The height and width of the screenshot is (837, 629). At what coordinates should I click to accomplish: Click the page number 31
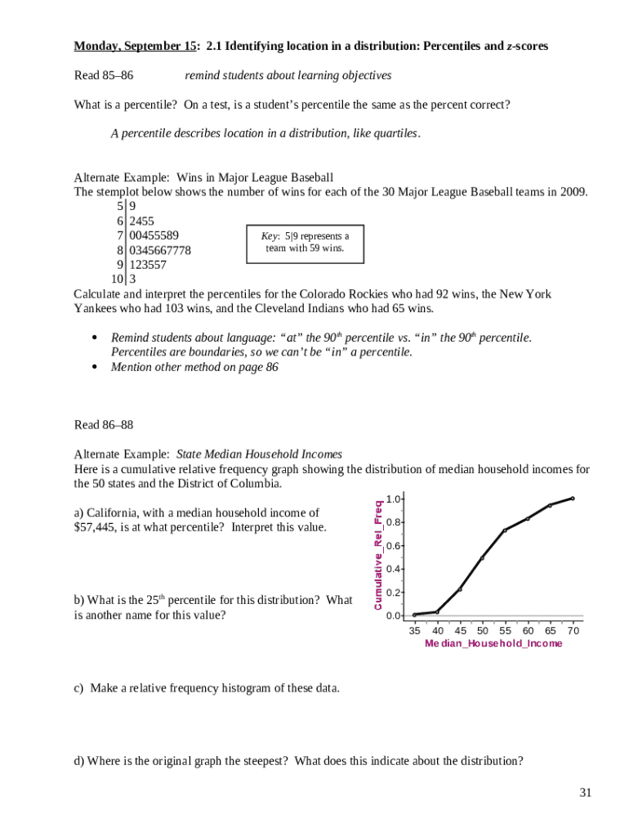pyautogui.click(x=585, y=792)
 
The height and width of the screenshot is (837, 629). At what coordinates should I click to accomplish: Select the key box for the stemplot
pyautogui.click(x=305, y=243)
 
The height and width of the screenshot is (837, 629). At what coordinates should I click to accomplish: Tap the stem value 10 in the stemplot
pyautogui.click(x=118, y=280)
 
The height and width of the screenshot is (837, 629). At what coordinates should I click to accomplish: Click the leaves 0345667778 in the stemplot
pyautogui.click(x=160, y=250)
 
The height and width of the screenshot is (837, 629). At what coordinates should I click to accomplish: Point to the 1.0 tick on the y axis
pyautogui.click(x=394, y=499)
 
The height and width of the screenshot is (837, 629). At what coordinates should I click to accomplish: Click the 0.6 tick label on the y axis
pyautogui.click(x=394, y=545)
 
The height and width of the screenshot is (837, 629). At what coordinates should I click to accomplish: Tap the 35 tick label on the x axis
pyautogui.click(x=415, y=630)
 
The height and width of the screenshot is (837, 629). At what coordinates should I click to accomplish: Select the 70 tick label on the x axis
pyautogui.click(x=573, y=630)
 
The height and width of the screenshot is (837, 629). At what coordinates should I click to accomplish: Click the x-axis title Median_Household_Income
pyautogui.click(x=493, y=644)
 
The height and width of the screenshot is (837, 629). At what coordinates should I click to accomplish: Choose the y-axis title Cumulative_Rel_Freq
pyautogui.click(x=378, y=553)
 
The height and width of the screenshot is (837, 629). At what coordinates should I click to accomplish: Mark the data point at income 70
pyautogui.click(x=573, y=498)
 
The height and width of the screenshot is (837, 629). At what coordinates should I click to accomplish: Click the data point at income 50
pyautogui.click(x=482, y=557)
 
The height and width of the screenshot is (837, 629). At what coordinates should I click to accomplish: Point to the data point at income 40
pyautogui.click(x=437, y=611)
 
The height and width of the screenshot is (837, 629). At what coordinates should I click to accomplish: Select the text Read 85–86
pyautogui.click(x=104, y=75)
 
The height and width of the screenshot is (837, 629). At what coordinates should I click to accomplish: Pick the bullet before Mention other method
pyautogui.click(x=94, y=367)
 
